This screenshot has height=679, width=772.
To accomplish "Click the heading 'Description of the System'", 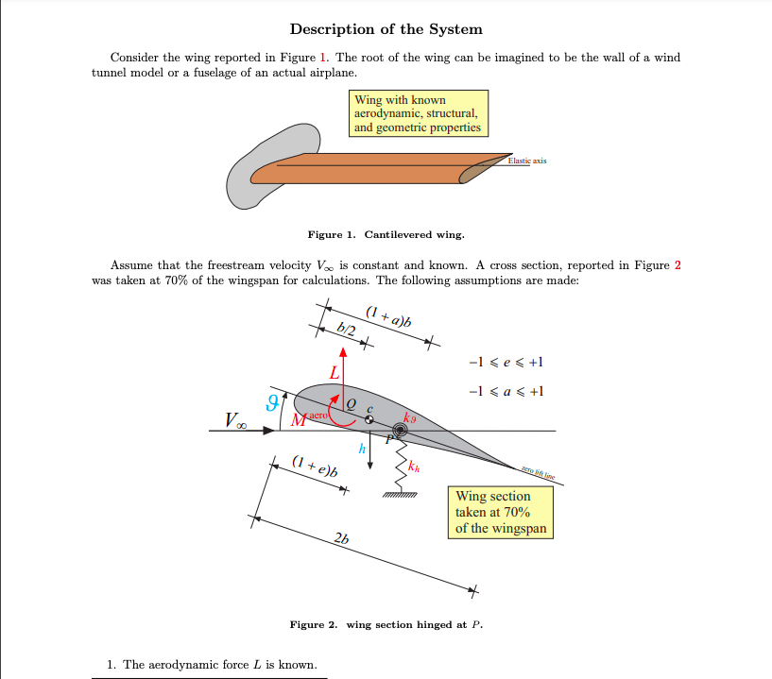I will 386,29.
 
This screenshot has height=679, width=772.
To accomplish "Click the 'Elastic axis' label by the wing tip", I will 526,161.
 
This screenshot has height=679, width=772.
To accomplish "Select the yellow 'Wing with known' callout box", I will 419,113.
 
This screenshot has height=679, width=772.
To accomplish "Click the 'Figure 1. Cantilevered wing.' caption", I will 386,234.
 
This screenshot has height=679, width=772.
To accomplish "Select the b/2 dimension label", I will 346,329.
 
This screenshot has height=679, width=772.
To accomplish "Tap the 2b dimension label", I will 341,538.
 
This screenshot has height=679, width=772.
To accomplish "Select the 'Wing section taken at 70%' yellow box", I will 500,512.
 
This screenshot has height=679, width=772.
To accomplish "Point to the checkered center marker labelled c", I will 369,419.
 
